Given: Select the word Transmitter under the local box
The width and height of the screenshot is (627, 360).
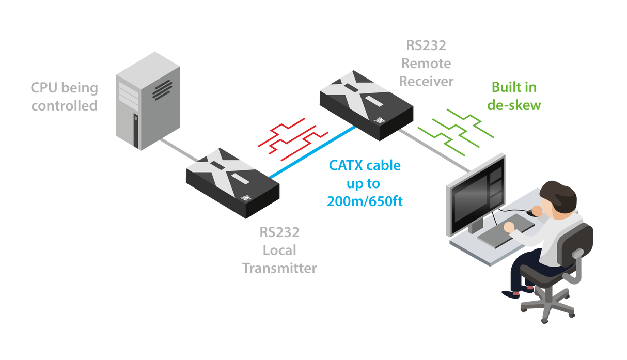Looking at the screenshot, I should pyautogui.click(x=279, y=268).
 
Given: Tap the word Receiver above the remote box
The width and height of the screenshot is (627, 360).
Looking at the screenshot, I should pyautogui.click(x=429, y=81).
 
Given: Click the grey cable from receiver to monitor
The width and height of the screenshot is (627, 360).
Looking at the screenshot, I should pyautogui.click(x=434, y=150).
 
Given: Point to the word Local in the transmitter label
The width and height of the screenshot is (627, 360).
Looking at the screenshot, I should pyautogui.click(x=279, y=250).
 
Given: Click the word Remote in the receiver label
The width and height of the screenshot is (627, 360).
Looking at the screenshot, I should pyautogui.click(x=429, y=64).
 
